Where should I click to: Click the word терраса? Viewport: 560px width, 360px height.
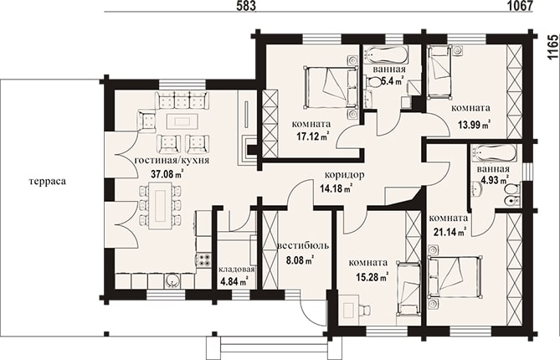point(48,182)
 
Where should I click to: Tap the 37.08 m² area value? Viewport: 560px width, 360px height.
point(167,174)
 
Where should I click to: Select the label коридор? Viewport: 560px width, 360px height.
point(345,175)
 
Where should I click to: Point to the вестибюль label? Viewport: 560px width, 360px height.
point(303,245)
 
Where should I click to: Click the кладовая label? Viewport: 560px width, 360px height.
point(236,270)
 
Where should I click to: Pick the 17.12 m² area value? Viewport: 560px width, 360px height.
point(313,136)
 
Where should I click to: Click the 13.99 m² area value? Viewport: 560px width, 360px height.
point(474,125)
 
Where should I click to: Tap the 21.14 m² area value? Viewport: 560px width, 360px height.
point(450,232)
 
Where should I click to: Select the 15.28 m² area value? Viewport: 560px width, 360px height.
point(372,276)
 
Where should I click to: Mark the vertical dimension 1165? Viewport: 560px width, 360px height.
point(552,47)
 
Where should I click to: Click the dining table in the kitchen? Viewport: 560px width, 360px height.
point(159,205)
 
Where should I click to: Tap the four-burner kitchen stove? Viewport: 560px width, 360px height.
point(203,260)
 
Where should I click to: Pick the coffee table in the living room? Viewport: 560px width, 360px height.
point(182,121)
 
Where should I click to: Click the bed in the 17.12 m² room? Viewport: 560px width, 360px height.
point(331,87)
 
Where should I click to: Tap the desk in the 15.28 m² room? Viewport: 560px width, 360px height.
point(349,309)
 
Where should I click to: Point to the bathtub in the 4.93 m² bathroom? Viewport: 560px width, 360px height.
point(494,154)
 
